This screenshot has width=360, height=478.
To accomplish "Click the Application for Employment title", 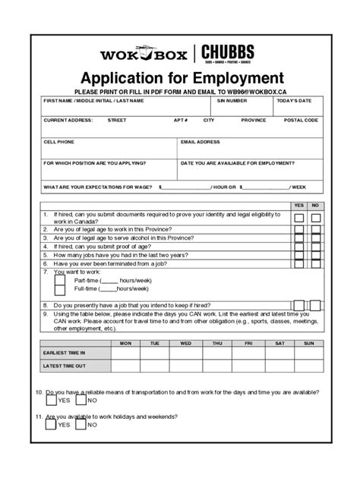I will tap(179, 78).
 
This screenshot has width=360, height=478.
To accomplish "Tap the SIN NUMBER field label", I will tap(232, 100).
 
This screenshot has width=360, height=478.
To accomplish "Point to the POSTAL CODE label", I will tap(301, 120).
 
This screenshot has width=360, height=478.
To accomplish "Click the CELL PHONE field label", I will tap(59, 141).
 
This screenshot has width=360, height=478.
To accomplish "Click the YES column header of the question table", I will tap(298, 206).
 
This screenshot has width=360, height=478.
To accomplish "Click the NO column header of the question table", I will tap(315, 206).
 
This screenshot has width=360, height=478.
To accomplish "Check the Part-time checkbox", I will tap(60, 280).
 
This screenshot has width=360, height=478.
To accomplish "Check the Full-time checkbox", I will tap(60, 290).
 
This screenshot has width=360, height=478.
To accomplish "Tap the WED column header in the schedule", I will tap(185, 343).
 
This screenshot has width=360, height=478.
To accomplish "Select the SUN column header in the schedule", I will tap(308, 343).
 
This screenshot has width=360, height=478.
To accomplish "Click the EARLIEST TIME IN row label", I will tap(65, 353).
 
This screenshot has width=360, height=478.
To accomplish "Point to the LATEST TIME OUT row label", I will tap(65, 366).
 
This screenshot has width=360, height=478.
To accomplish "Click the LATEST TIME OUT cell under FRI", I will tap(247, 366).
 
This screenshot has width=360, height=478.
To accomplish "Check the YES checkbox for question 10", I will tap(51, 401).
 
